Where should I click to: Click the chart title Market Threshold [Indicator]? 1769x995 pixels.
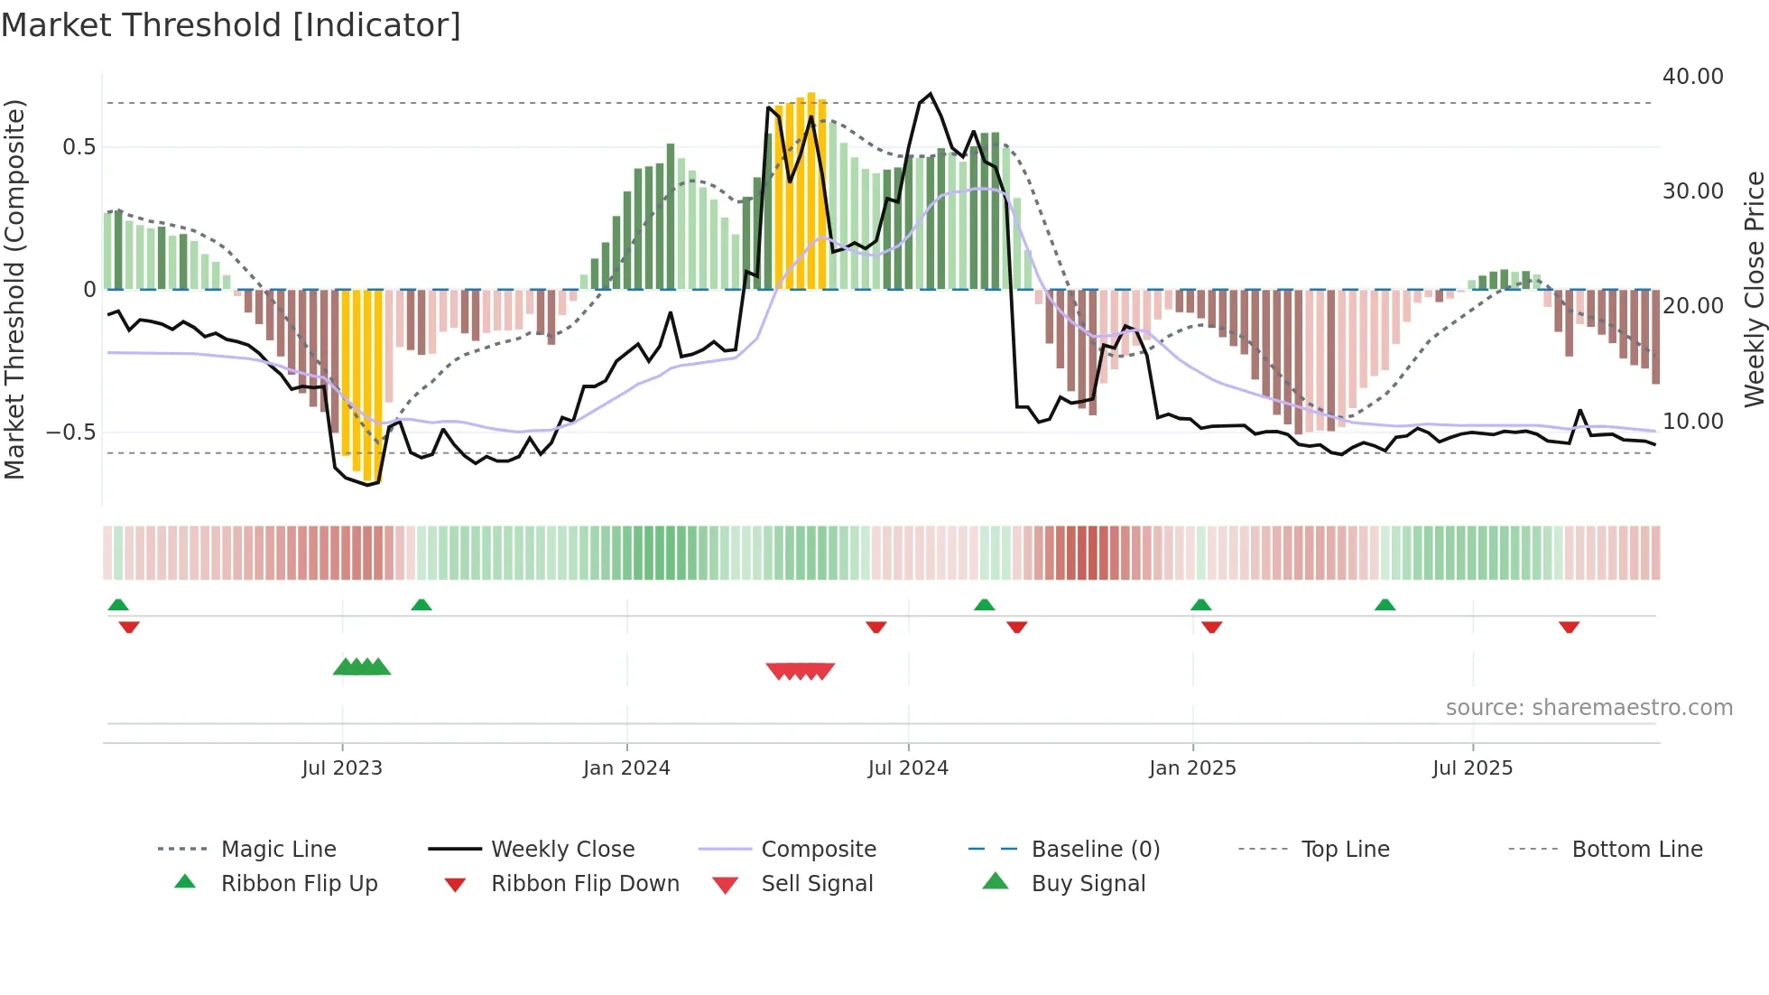pyautogui.click(x=231, y=25)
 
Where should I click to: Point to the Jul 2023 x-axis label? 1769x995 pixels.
pyautogui.click(x=342, y=767)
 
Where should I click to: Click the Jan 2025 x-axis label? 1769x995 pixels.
pyautogui.click(x=1192, y=767)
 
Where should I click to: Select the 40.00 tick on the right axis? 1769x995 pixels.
pyautogui.click(x=1692, y=77)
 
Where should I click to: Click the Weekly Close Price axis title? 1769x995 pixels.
pyautogui.click(x=1753, y=289)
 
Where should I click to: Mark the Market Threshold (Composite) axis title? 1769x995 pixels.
pyautogui.click(x=14, y=289)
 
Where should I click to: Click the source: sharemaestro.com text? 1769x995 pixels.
pyautogui.click(x=1588, y=707)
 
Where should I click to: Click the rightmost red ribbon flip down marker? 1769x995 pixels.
pyautogui.click(x=1569, y=627)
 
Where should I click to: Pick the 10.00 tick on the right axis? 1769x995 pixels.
pyautogui.click(x=1692, y=422)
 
